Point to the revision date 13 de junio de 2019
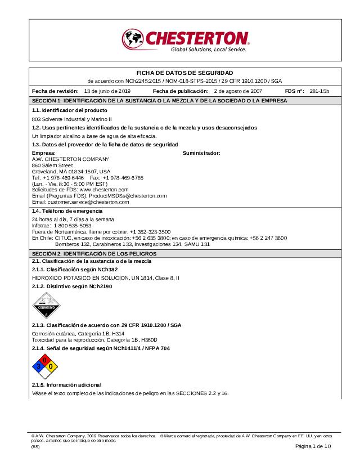(x=107, y=91)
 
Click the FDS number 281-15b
(x=319, y=91)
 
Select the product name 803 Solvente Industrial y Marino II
(x=72, y=119)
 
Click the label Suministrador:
(x=201, y=153)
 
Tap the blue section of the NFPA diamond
(x=38, y=366)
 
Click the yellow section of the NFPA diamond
(x=51, y=366)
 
